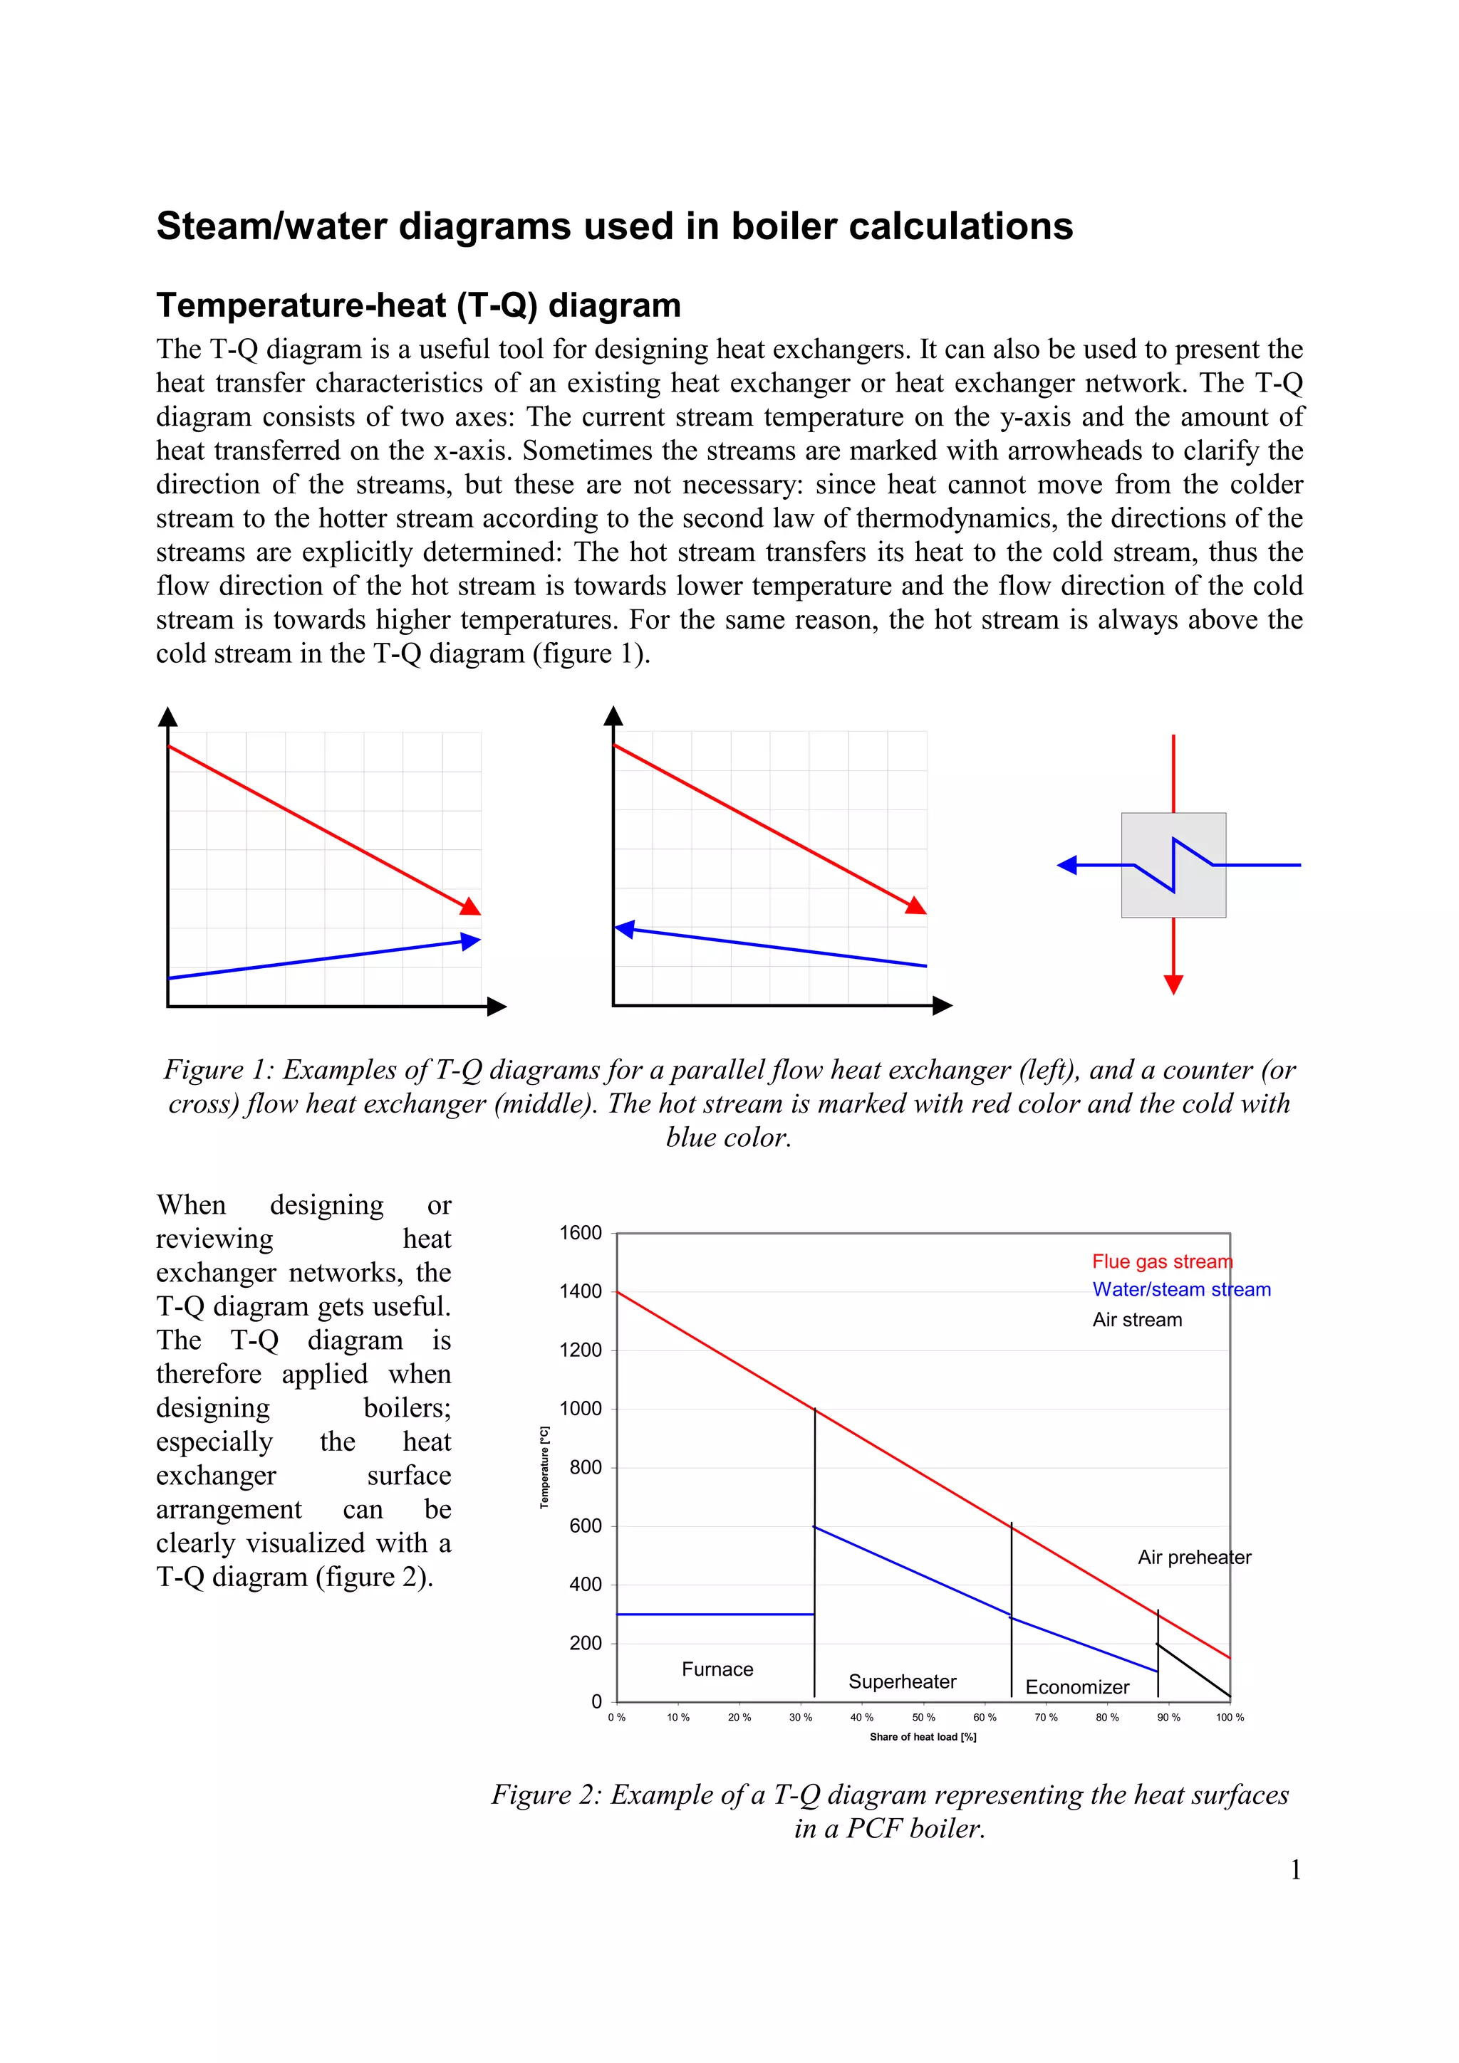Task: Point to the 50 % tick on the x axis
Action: click(x=923, y=1717)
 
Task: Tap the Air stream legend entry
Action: click(x=1137, y=1320)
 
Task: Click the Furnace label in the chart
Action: click(x=717, y=1669)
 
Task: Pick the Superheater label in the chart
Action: click(x=902, y=1682)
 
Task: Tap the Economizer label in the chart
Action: click(x=1077, y=1687)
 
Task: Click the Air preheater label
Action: click(x=1194, y=1557)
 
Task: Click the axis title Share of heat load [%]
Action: click(x=923, y=1737)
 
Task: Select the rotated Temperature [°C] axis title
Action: click(x=544, y=1467)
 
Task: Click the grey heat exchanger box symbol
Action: click(x=1173, y=865)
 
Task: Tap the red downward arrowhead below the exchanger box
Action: click(x=1173, y=984)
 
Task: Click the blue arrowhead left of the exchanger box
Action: click(x=1068, y=865)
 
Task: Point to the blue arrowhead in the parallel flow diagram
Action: click(x=470, y=941)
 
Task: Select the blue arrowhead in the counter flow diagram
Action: click(x=625, y=929)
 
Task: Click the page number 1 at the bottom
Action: click(x=1295, y=1870)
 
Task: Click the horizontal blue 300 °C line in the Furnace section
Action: click(x=715, y=1614)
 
